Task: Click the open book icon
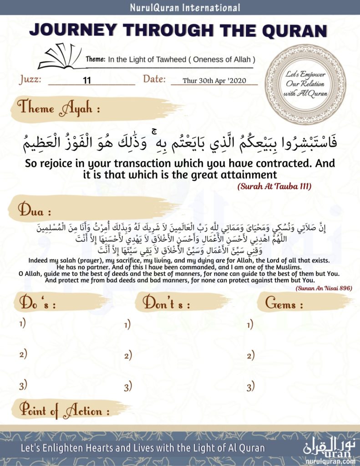(x=59, y=58)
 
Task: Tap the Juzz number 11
(x=87, y=81)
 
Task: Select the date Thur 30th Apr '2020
(x=213, y=81)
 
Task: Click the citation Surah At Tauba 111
(x=274, y=187)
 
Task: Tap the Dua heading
(x=34, y=210)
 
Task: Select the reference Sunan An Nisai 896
(x=324, y=288)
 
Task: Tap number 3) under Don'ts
(x=128, y=387)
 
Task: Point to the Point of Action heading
(x=64, y=411)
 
